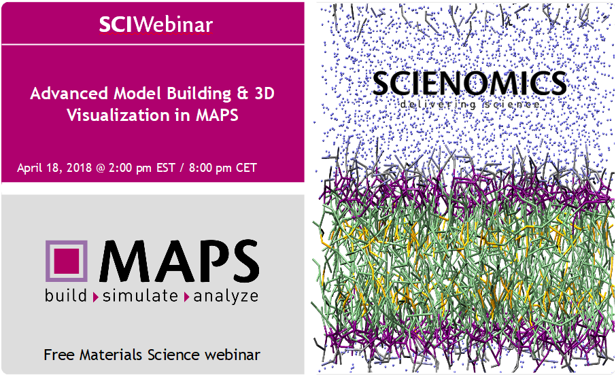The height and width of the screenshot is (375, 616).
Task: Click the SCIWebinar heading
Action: click(156, 24)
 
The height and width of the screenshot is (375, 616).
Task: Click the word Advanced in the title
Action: click(69, 94)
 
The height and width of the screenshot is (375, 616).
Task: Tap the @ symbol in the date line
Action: click(101, 168)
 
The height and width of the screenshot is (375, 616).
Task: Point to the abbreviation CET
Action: click(246, 168)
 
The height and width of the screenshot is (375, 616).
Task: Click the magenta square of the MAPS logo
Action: click(66, 261)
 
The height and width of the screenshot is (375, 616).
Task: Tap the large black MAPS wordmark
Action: click(179, 261)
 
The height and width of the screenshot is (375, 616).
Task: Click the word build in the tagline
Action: click(65, 296)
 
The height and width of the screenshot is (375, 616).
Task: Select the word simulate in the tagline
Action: click(140, 296)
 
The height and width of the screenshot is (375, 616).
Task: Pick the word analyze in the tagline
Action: click(226, 296)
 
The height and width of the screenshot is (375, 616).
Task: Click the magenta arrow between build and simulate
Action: click(95, 298)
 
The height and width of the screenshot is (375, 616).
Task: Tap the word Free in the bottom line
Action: click(59, 355)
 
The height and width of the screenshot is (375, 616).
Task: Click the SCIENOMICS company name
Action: click(470, 84)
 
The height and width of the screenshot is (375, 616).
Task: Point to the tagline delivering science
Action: click(470, 105)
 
